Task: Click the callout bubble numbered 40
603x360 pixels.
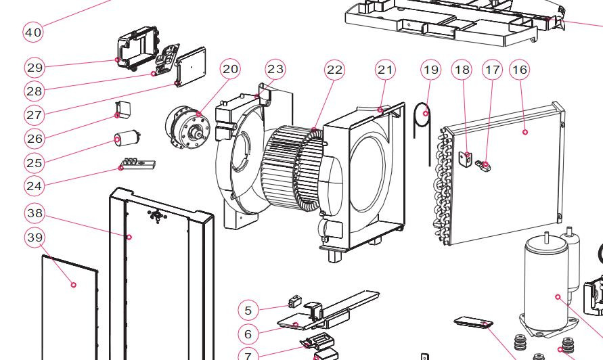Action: [x=33, y=32]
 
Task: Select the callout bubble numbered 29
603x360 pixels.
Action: [x=35, y=67]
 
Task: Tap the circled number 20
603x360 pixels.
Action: [x=231, y=69]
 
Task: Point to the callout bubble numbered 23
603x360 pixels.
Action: [x=275, y=69]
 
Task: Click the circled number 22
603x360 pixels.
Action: [x=334, y=70]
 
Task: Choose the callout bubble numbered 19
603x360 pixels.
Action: [x=430, y=70]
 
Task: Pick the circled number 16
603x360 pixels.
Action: [x=520, y=70]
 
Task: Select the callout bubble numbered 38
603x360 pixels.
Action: [x=35, y=213]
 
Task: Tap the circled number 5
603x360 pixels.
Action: [x=248, y=310]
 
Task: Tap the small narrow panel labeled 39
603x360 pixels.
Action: [x=68, y=305]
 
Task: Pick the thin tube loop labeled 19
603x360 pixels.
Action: [x=426, y=132]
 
